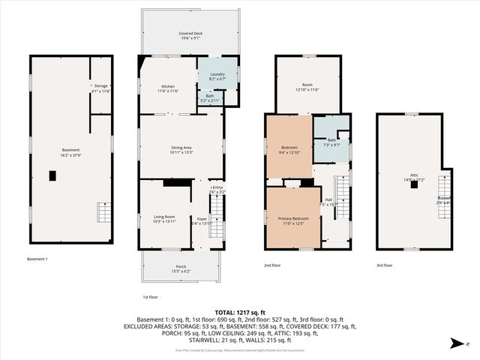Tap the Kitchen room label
pos(168,87)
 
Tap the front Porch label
pos(181,268)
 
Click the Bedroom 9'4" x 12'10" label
pos(289,148)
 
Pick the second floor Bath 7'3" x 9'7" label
pos(331,141)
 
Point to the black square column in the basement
pos(52,176)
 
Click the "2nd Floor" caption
pos(272,265)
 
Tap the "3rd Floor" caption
pos(384,265)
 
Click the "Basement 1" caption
pos(37,259)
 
